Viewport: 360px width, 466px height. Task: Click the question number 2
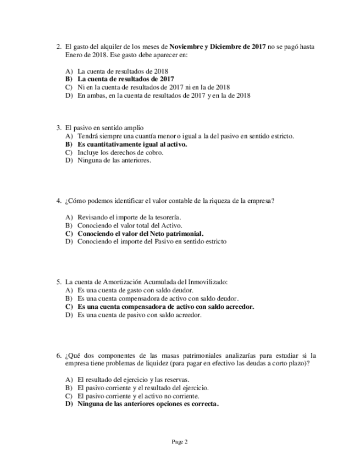coord(59,47)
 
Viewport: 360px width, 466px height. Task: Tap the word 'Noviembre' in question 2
coord(186,47)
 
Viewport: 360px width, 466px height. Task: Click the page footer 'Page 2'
coord(180,441)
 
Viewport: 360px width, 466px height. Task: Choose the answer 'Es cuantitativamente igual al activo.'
coord(132,145)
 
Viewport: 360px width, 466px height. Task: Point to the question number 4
coord(59,201)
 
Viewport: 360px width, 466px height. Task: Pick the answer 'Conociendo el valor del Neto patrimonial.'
coord(140,233)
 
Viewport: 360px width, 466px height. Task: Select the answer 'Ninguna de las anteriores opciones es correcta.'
coord(148,404)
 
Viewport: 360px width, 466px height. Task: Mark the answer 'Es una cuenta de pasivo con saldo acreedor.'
coord(140,315)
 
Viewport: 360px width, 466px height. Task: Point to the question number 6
coord(59,356)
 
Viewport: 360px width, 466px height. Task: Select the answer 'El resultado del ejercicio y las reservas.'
coord(134,380)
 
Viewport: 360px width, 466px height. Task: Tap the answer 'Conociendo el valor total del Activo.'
coord(130,225)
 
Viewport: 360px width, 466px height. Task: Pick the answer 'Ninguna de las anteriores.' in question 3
coord(114,160)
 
